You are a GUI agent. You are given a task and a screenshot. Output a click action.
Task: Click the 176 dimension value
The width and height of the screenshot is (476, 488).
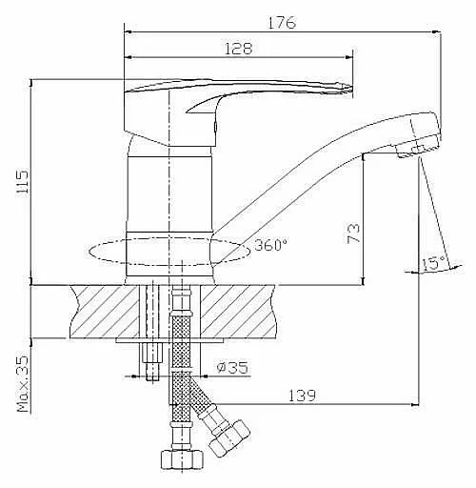[x=282, y=23]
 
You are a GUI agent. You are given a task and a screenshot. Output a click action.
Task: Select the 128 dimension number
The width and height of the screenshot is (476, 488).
[x=238, y=49]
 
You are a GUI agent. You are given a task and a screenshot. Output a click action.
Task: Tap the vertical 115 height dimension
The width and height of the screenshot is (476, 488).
[x=23, y=182]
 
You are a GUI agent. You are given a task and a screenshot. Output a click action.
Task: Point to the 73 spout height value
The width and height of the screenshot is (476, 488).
[x=354, y=234]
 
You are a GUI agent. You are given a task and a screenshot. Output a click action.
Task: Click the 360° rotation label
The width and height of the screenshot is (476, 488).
[x=271, y=245]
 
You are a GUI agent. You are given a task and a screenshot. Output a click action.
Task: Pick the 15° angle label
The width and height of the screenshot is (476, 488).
[x=433, y=263]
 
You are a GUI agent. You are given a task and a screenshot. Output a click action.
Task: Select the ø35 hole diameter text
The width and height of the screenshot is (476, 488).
[x=232, y=368]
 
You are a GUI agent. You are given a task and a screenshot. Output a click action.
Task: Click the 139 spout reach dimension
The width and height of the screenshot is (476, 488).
[x=302, y=396]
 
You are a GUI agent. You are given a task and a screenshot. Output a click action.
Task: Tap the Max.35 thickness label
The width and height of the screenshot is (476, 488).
[x=23, y=384]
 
